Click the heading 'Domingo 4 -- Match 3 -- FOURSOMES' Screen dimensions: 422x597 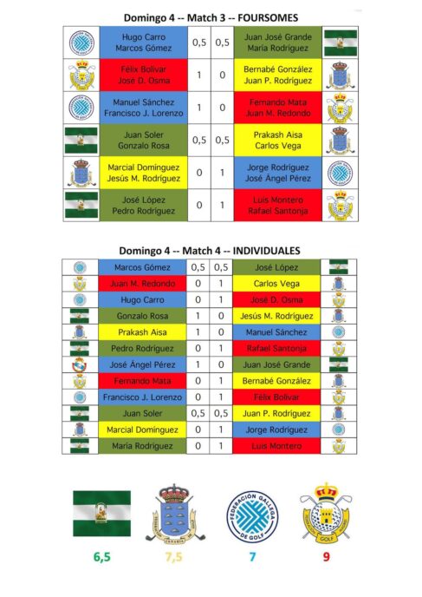(x=211, y=16)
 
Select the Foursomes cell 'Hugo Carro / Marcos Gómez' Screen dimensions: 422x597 (x=142, y=43)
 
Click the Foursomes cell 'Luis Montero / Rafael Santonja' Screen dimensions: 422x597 (x=278, y=204)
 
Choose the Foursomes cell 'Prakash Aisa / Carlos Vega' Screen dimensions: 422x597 (x=278, y=141)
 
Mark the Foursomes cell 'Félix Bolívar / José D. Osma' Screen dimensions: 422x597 (x=142, y=75)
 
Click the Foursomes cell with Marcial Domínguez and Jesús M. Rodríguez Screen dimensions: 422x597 (x=142, y=173)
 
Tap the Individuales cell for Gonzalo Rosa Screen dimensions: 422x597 (x=142, y=316)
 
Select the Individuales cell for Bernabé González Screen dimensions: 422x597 (x=278, y=381)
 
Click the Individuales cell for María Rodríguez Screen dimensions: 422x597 (x=142, y=446)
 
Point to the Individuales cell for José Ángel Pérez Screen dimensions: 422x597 (x=142, y=364)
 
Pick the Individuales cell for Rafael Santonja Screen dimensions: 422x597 (x=278, y=348)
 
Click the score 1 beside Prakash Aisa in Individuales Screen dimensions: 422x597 (x=198, y=332)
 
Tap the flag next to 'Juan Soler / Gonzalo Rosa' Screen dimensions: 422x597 (x=81, y=141)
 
